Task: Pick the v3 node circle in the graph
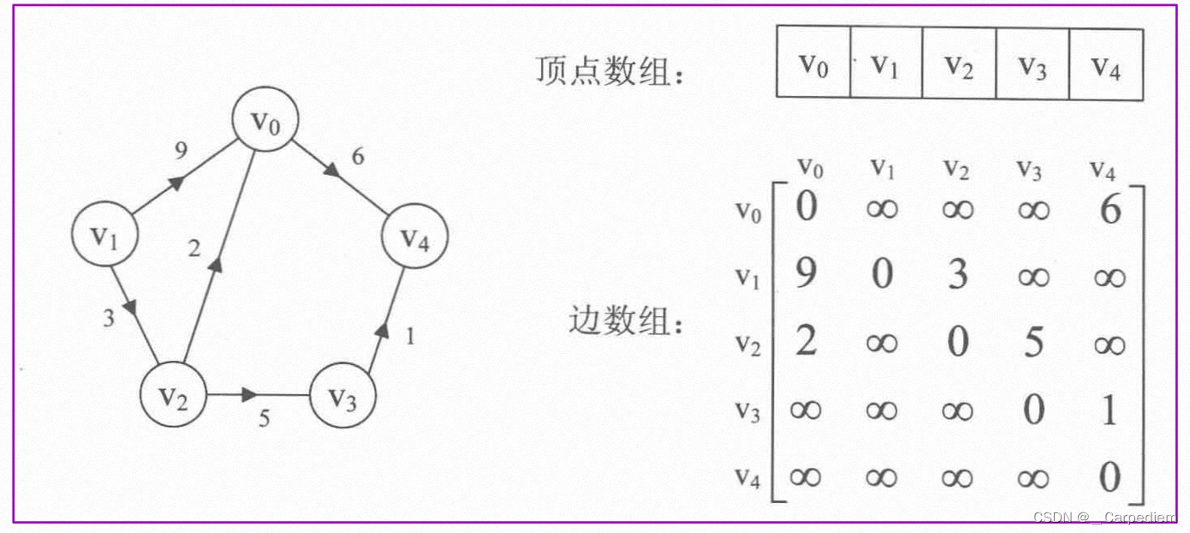342,398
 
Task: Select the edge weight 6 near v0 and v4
358,157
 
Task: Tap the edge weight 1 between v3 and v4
410,337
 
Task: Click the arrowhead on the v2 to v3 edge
248,395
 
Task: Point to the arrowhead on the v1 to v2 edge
130,305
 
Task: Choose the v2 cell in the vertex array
959,64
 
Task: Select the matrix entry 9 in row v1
806,274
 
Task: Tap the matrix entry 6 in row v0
1110,208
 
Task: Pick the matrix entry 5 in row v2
1033,343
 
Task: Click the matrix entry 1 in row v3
1110,410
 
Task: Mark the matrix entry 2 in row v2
806,342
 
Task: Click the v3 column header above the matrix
1032,169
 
